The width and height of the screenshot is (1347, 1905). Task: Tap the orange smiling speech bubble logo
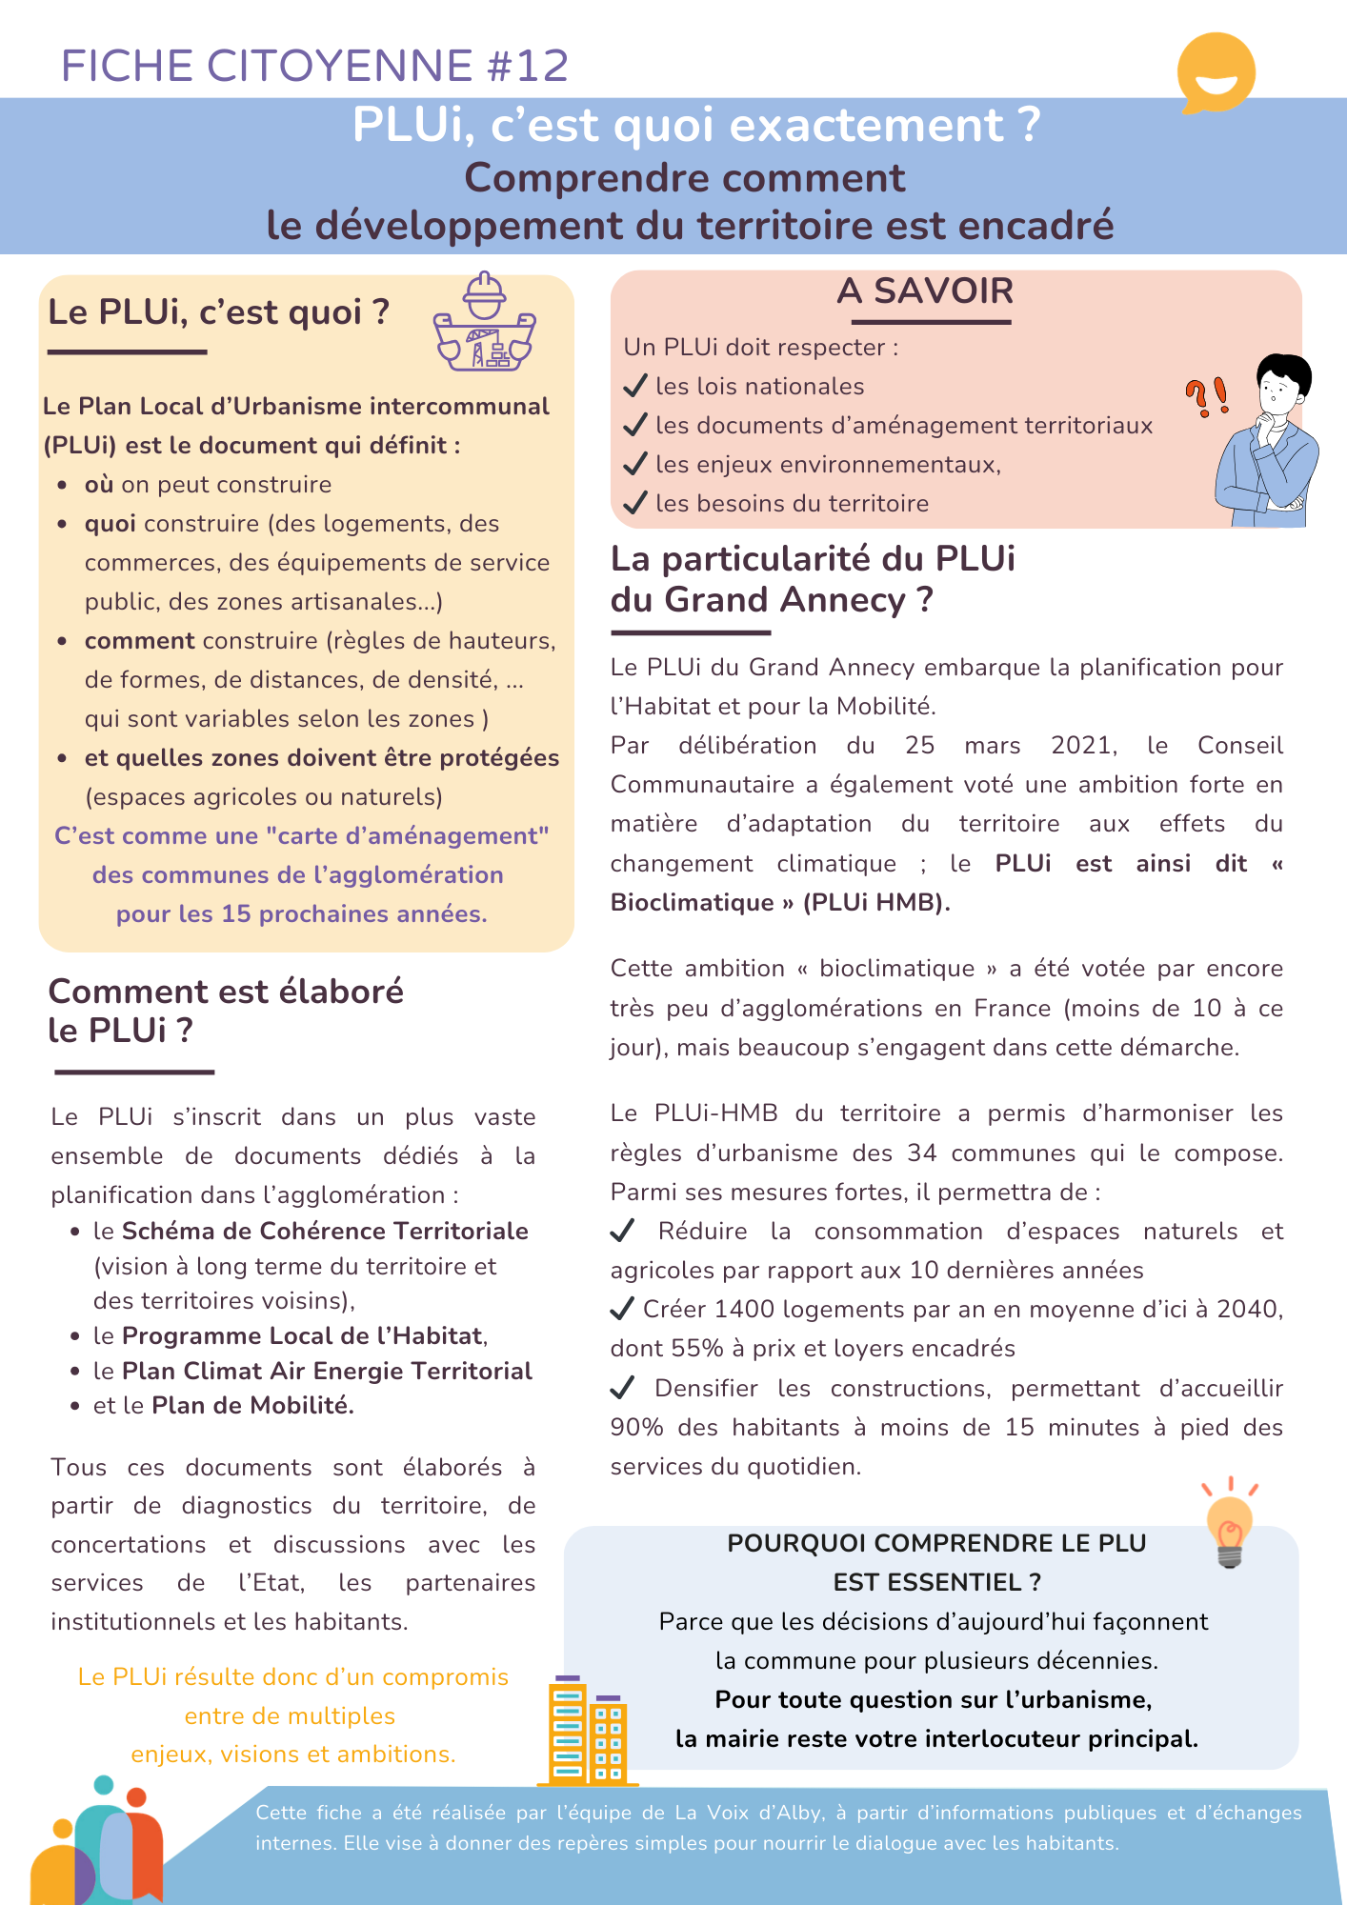[x=1216, y=73]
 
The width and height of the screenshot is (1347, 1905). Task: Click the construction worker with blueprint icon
[x=484, y=323]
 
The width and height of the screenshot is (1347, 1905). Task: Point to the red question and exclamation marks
[x=1206, y=396]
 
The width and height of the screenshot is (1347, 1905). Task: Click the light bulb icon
[x=1230, y=1522]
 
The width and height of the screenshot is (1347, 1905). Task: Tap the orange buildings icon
[x=587, y=1731]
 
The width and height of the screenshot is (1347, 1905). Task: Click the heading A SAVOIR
[x=925, y=291]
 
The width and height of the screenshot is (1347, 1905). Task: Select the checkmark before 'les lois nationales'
[x=635, y=386]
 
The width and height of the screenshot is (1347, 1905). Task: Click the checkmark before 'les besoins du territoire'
[x=635, y=503]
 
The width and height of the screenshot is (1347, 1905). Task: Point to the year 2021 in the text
[x=1083, y=745]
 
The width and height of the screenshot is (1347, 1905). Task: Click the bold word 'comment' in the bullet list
[x=139, y=640]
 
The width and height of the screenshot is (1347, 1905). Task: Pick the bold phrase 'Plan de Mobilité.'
[x=252, y=1405]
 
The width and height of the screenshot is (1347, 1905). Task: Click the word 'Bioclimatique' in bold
[x=692, y=902]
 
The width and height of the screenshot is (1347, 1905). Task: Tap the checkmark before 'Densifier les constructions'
[x=622, y=1388]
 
